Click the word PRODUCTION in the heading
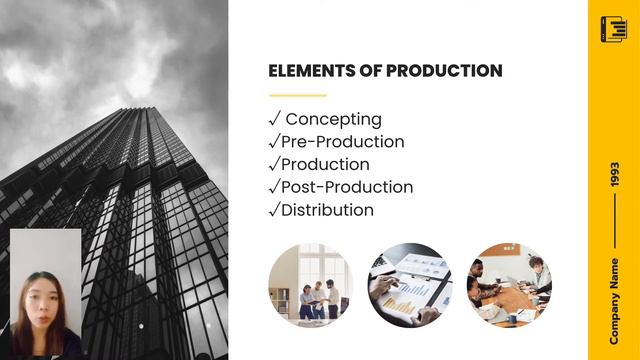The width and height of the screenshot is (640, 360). click(444, 71)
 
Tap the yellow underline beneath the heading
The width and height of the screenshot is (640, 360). click(298, 96)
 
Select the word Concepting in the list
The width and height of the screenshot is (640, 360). click(334, 119)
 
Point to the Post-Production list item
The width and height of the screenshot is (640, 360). click(347, 187)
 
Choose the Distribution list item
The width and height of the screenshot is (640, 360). click(328, 210)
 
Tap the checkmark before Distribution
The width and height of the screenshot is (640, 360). click(274, 210)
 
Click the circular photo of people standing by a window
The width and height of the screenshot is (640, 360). click(310, 286)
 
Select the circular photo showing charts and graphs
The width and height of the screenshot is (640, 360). click(410, 286)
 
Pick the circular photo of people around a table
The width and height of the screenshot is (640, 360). click(510, 286)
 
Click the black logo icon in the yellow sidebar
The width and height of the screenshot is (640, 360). click(613, 29)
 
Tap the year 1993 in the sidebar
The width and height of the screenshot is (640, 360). click(614, 176)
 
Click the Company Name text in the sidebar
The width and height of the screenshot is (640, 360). click(614, 300)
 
